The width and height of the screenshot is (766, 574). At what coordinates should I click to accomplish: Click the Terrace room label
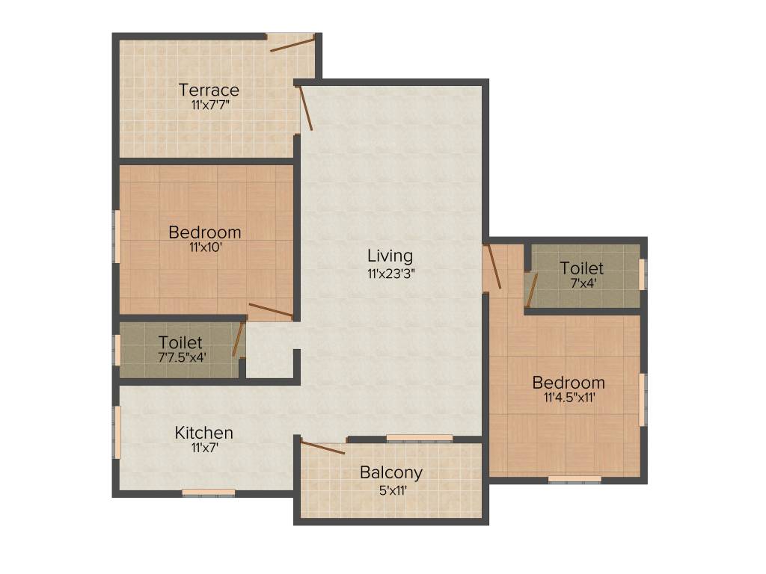(x=209, y=90)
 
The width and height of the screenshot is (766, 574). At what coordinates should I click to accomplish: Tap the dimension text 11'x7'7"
(x=209, y=105)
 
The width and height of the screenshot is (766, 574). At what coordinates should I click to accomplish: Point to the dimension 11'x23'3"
(x=390, y=273)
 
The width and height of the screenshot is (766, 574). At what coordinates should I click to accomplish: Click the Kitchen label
(x=203, y=433)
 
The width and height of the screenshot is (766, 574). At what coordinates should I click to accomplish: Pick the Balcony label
(x=391, y=472)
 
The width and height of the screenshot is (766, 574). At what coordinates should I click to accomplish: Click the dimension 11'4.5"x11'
(x=569, y=398)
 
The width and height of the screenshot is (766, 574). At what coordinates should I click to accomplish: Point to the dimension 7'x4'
(x=581, y=283)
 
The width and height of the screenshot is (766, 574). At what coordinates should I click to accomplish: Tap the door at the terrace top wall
(x=292, y=43)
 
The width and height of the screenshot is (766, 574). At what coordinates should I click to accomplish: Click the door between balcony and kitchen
(x=322, y=448)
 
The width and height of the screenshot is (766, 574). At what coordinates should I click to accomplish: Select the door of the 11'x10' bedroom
(x=270, y=309)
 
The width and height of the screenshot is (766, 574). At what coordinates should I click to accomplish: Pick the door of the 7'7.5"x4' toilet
(x=239, y=339)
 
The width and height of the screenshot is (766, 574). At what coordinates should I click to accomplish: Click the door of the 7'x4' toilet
(x=530, y=290)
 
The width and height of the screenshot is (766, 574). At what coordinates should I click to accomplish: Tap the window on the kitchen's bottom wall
(x=209, y=492)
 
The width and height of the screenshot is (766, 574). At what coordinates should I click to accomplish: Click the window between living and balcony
(x=420, y=438)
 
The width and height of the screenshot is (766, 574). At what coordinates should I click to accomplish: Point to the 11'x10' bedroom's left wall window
(x=117, y=235)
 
